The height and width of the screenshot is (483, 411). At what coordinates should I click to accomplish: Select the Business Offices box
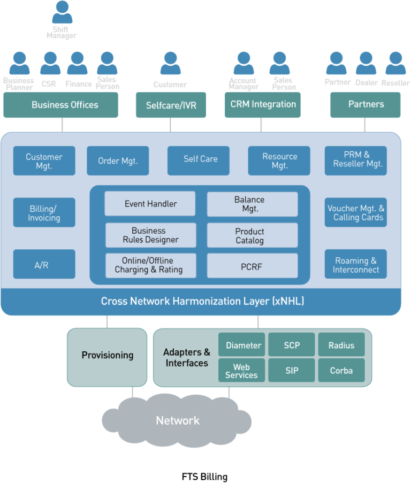(61, 105)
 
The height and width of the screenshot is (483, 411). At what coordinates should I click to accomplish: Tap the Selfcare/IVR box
(171, 105)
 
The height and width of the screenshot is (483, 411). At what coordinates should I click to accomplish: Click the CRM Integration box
(263, 105)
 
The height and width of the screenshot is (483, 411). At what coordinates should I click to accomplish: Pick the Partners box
(366, 105)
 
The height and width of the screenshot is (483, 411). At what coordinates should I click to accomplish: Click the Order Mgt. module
(118, 161)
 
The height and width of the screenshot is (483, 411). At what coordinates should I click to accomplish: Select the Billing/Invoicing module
(44, 213)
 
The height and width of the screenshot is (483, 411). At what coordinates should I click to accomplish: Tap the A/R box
(44, 265)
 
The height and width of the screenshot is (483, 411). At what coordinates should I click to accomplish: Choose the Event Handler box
(150, 204)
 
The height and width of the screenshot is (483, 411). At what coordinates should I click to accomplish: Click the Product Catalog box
(252, 236)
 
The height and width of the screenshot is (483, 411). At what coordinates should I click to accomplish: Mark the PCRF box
(252, 266)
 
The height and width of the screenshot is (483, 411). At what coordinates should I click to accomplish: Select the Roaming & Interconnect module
(356, 265)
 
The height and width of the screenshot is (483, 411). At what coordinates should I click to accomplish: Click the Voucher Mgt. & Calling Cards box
(356, 213)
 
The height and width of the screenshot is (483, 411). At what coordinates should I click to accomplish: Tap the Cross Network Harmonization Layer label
(202, 302)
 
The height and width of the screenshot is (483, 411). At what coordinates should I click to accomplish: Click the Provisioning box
(107, 356)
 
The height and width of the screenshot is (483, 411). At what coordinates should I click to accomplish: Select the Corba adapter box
(341, 370)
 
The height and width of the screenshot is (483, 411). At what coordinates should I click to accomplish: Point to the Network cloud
(178, 421)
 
